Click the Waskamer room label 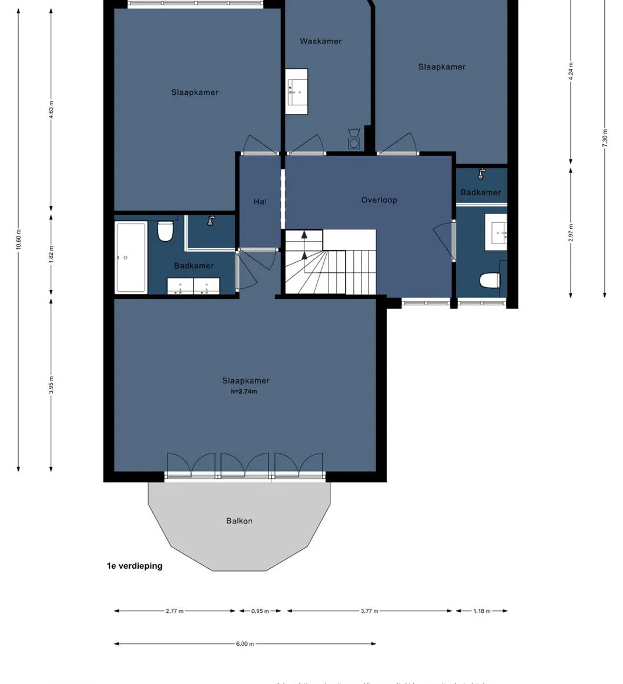pyautogui.click(x=320, y=41)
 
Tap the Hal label pyautogui.click(x=260, y=202)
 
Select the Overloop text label pyautogui.click(x=379, y=200)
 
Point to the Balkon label pyautogui.click(x=239, y=520)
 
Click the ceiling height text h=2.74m pyautogui.click(x=244, y=391)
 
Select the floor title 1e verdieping pyautogui.click(x=135, y=566)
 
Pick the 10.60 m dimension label pyautogui.click(x=19, y=239)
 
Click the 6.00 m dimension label pyautogui.click(x=245, y=644)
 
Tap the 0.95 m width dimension pyautogui.click(x=260, y=611)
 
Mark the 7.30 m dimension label pyautogui.click(x=605, y=137)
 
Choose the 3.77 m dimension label pyautogui.click(x=370, y=611)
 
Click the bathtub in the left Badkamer pyautogui.click(x=131, y=257)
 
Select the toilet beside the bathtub pyautogui.click(x=166, y=231)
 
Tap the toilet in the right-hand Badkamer pyautogui.click(x=490, y=281)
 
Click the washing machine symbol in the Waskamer pyautogui.click(x=354, y=143)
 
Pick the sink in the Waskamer pyautogui.click(x=297, y=91)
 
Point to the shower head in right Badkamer pyautogui.click(x=481, y=173)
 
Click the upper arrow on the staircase pyautogui.click(x=304, y=235)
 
